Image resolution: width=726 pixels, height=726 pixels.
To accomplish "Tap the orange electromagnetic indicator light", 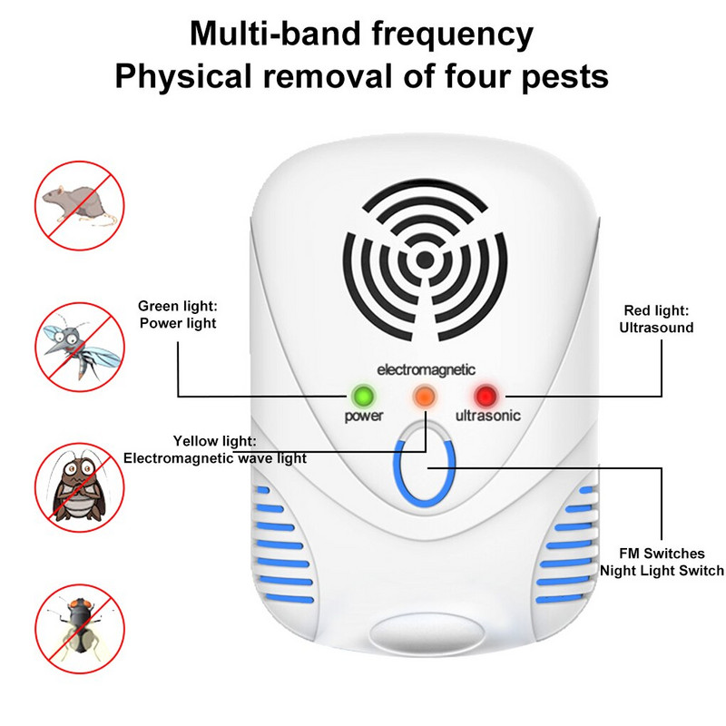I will click(424, 396).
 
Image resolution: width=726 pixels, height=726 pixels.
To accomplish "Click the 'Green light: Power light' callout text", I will click(177, 314).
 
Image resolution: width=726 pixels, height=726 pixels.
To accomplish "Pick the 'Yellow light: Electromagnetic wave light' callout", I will click(214, 450).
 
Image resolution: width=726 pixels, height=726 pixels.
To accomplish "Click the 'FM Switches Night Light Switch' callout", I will click(661, 562).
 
